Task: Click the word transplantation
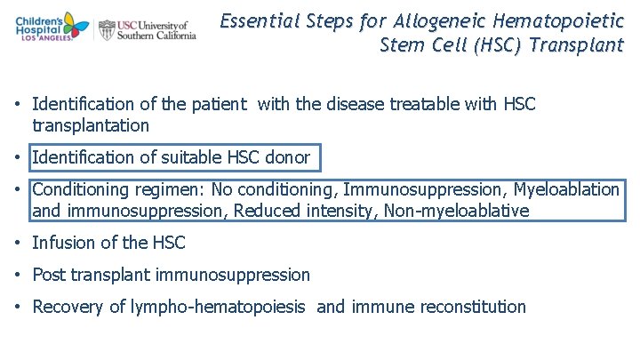pyautogui.click(x=91, y=126)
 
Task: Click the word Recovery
pyautogui.click(x=68, y=307)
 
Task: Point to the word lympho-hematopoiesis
pyautogui.click(x=219, y=308)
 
